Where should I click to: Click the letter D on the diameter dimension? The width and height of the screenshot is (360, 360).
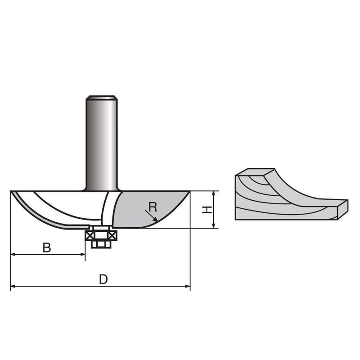[x=103, y=279]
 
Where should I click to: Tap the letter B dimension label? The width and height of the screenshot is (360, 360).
[x=46, y=247]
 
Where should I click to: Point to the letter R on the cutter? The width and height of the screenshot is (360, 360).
[x=153, y=207]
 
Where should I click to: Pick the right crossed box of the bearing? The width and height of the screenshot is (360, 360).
[x=112, y=234]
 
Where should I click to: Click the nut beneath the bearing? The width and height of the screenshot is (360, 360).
[x=101, y=244]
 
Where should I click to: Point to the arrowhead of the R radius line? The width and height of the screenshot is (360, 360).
[x=156, y=220]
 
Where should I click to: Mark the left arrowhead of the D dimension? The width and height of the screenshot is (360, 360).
[x=13, y=286]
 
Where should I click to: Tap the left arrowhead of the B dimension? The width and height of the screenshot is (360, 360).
[x=13, y=254]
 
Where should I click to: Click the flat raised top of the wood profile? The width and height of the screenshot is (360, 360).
[x=254, y=173]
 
